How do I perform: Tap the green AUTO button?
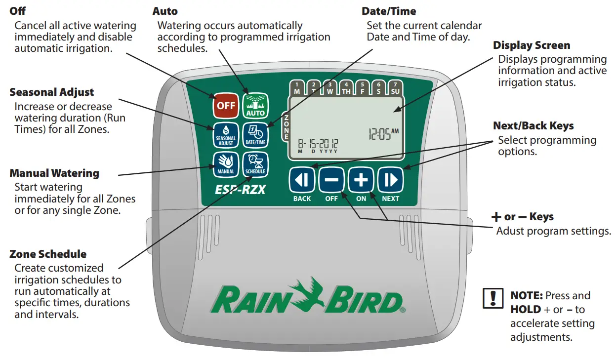coord(255,106)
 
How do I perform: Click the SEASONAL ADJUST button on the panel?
coord(226,135)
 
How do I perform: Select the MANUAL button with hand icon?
coord(226,164)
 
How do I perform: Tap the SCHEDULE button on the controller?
coord(255,164)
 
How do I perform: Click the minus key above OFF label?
coord(331,180)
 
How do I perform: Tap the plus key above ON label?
coord(361,180)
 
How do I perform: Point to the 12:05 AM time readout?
coord(383,134)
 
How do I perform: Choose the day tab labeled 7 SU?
coord(395,88)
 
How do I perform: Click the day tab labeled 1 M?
coord(297,88)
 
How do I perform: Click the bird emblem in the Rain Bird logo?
coord(310,293)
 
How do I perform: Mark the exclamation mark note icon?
coord(493,299)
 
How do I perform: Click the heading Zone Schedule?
coord(48,254)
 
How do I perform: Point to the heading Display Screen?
coord(532,45)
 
